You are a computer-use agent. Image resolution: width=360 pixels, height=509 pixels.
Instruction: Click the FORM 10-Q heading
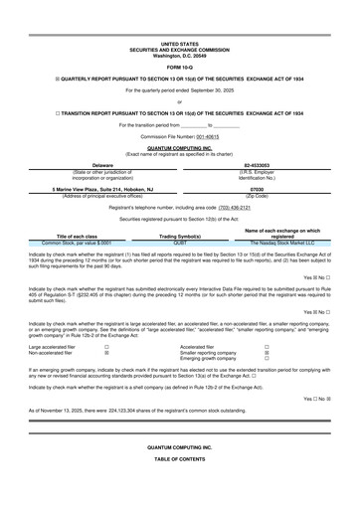tap(179, 66)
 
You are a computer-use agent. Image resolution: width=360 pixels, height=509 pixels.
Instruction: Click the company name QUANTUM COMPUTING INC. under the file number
tap(179, 147)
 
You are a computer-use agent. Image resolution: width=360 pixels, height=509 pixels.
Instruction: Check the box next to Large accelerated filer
tap(106, 347)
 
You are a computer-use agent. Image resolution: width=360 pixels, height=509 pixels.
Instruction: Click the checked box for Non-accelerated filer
tap(106, 353)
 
